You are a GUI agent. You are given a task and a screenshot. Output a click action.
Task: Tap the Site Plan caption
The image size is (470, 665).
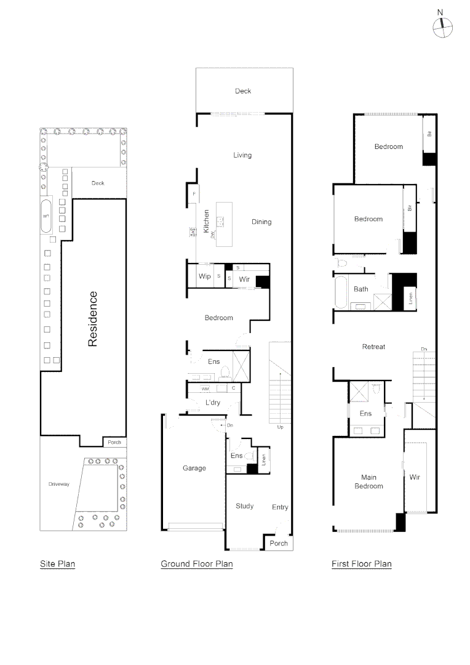[57, 563]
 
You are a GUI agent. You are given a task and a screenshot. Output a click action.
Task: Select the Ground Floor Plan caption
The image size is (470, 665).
[196, 563]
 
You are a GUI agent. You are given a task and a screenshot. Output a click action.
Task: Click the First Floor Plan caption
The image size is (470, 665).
[361, 563]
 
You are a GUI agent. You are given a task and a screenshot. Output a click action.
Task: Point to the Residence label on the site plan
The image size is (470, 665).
[93, 318]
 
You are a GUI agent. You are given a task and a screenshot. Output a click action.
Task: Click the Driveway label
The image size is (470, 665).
[59, 484]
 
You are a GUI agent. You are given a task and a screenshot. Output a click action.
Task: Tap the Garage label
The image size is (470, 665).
[194, 468]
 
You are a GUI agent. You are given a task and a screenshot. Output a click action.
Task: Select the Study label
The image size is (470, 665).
[244, 506]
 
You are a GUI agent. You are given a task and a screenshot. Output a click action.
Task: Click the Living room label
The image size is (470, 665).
[242, 155]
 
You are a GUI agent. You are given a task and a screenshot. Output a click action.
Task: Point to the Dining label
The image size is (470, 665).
[261, 222]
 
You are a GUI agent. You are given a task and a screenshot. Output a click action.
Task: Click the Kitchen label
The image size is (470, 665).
[207, 222]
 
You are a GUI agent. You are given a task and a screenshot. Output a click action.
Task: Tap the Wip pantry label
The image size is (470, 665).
[204, 276]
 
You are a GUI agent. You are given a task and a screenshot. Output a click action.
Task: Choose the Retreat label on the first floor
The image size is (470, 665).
[373, 347]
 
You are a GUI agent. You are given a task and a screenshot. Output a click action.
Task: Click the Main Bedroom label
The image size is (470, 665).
[368, 482]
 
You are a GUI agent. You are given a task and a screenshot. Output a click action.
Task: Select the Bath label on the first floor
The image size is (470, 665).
[360, 289]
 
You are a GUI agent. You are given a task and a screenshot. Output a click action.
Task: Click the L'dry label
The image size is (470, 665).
[213, 403]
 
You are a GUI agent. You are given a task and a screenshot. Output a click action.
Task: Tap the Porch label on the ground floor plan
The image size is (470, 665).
[279, 543]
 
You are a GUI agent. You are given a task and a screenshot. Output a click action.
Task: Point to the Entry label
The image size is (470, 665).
[280, 507]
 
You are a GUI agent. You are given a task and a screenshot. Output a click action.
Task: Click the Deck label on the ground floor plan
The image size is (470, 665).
[243, 91]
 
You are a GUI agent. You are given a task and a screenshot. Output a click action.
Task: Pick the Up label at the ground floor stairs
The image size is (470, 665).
[281, 426]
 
